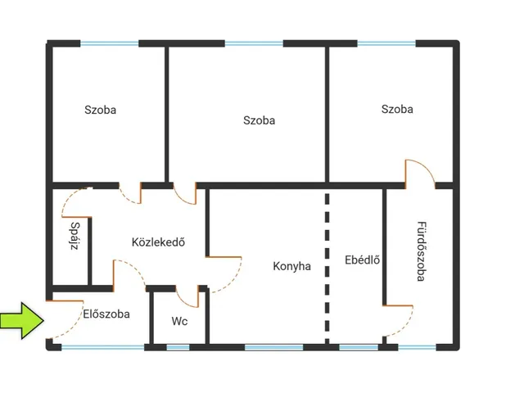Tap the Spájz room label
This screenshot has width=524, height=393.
(75, 236)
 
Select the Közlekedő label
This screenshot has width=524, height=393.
(158, 242)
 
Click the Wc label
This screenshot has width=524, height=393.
(179, 321)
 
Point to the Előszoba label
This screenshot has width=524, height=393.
(106, 314)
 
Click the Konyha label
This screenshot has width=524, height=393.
(291, 266)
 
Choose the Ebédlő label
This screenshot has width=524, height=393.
(362, 260)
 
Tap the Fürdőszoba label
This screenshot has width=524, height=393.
(422, 251)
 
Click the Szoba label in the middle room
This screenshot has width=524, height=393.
(259, 120)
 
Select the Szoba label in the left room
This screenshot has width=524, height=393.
(100, 110)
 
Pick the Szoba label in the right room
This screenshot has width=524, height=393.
(397, 109)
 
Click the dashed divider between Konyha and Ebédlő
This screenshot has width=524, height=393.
(327, 269)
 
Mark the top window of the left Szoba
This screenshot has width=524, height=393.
(109, 43)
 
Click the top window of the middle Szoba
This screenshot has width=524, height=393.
(254, 43)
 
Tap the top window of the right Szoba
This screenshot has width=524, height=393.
(386, 43)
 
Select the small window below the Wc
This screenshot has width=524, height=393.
(178, 347)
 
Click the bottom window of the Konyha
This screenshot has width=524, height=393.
(273, 347)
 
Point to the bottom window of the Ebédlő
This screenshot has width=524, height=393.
(359, 347)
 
